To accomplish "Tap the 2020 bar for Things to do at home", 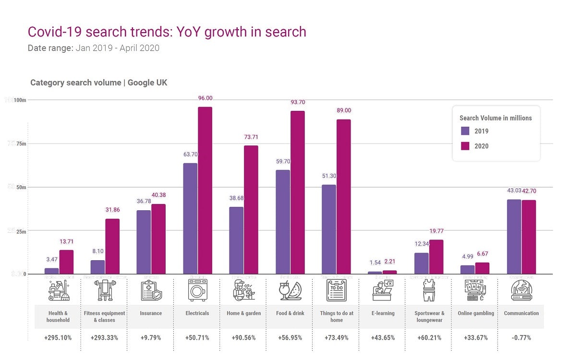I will pyautogui.click(x=343, y=197).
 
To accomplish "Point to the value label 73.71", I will pyautogui.click(x=251, y=137).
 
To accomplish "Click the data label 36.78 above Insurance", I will pyautogui.click(x=144, y=201).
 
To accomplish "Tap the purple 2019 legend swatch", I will pyautogui.click(x=465, y=131).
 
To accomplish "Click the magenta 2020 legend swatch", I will pyautogui.click(x=465, y=146).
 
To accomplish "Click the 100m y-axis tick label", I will pyautogui.click(x=20, y=100).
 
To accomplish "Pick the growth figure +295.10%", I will pyautogui.click(x=58, y=337).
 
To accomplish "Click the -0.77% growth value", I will pyautogui.click(x=521, y=337).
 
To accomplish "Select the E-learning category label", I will pyautogui.click(x=383, y=313).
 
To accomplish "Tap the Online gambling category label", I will pyautogui.click(x=475, y=313).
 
